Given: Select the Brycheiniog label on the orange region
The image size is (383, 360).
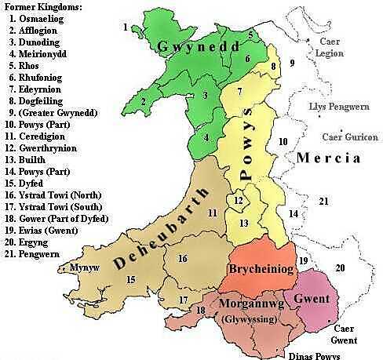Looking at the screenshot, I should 261,269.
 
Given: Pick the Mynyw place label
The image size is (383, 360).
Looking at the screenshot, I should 75,267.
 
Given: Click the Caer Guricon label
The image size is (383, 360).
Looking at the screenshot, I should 342,136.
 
